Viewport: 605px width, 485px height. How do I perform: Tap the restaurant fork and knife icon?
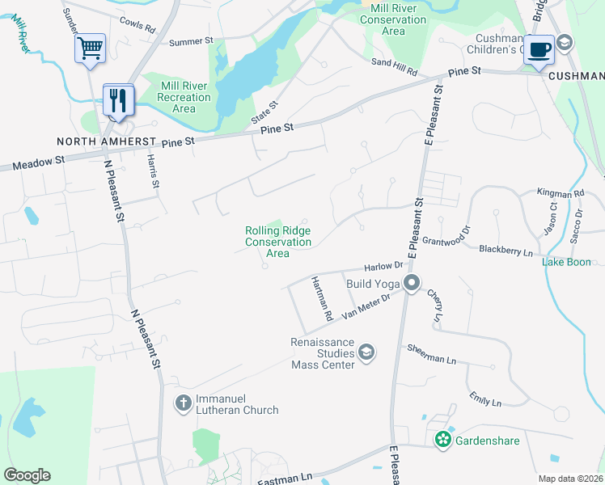click(x=118, y=99)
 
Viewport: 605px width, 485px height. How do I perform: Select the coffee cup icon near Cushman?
click(x=539, y=48)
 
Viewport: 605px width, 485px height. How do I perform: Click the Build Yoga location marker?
click(x=412, y=284)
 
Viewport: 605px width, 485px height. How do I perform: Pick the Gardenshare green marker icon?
click(x=442, y=440)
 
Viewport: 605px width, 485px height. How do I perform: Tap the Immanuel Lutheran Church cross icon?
click(x=184, y=402)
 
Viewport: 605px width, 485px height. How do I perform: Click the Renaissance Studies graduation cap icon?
click(x=366, y=352)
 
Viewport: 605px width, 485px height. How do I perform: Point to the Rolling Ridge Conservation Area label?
click(x=278, y=242)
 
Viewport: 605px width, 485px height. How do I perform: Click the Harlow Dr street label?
click(x=383, y=266)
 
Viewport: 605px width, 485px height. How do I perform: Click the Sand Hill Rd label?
click(x=394, y=67)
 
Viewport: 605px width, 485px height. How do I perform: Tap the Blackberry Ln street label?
click(x=506, y=252)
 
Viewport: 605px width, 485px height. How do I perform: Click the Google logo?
click(x=27, y=475)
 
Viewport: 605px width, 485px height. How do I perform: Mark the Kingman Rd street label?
click(x=560, y=194)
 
